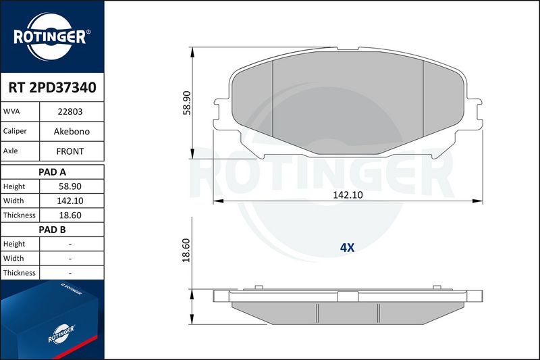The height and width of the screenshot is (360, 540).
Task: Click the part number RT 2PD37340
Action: pos(53,88)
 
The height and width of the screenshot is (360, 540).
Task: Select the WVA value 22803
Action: pos(70,111)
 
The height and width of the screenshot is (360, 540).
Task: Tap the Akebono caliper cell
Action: pos(72,131)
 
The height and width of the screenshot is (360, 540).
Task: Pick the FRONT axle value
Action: pos(70,151)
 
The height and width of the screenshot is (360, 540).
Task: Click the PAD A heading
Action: pos(53,172)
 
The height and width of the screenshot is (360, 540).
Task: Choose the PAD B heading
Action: pos(53,230)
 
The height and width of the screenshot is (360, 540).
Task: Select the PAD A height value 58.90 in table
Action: pos(70,186)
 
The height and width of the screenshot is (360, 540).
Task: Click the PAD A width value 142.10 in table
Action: pos(70,201)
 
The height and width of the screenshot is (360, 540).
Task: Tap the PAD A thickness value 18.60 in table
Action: pos(70,215)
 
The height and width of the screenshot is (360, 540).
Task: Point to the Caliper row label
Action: pos(15,131)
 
